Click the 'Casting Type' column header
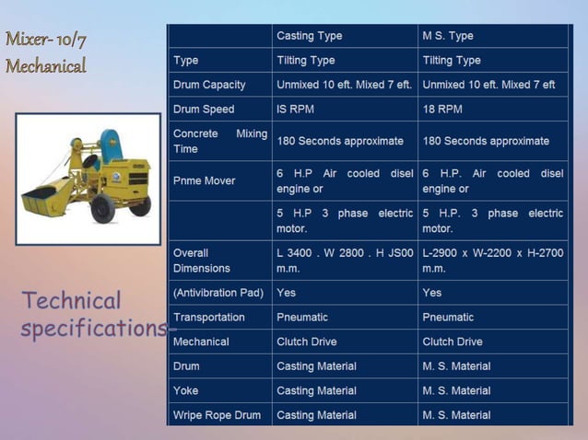click(x=309, y=36)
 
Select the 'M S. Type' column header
click(x=448, y=36)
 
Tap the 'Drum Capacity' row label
click(x=209, y=85)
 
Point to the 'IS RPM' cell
click(x=296, y=109)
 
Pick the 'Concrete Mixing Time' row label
click(x=219, y=141)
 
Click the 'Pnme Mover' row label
click(x=204, y=181)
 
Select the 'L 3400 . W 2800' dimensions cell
click(x=344, y=261)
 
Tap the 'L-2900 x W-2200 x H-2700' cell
click(x=492, y=261)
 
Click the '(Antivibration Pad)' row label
click(x=218, y=293)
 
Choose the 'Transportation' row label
click(x=209, y=318)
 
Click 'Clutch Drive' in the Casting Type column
click(x=307, y=342)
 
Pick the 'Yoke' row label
click(x=185, y=391)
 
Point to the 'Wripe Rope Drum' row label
click(x=217, y=415)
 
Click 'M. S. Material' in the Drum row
click(x=456, y=366)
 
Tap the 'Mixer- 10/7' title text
click(x=46, y=40)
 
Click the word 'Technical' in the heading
click(x=72, y=301)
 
